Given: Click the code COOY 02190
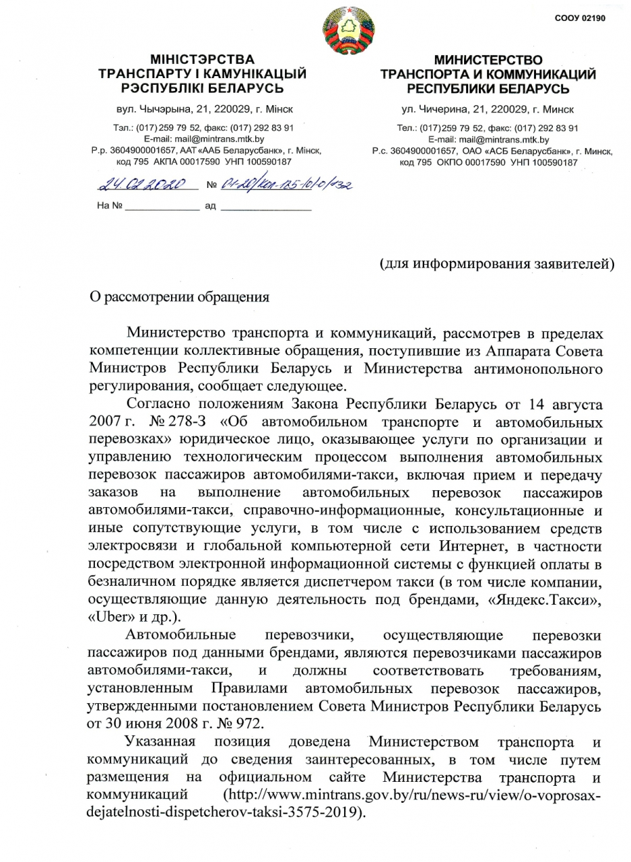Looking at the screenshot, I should [579, 18].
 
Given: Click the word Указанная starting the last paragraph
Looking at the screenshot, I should [160, 742].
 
